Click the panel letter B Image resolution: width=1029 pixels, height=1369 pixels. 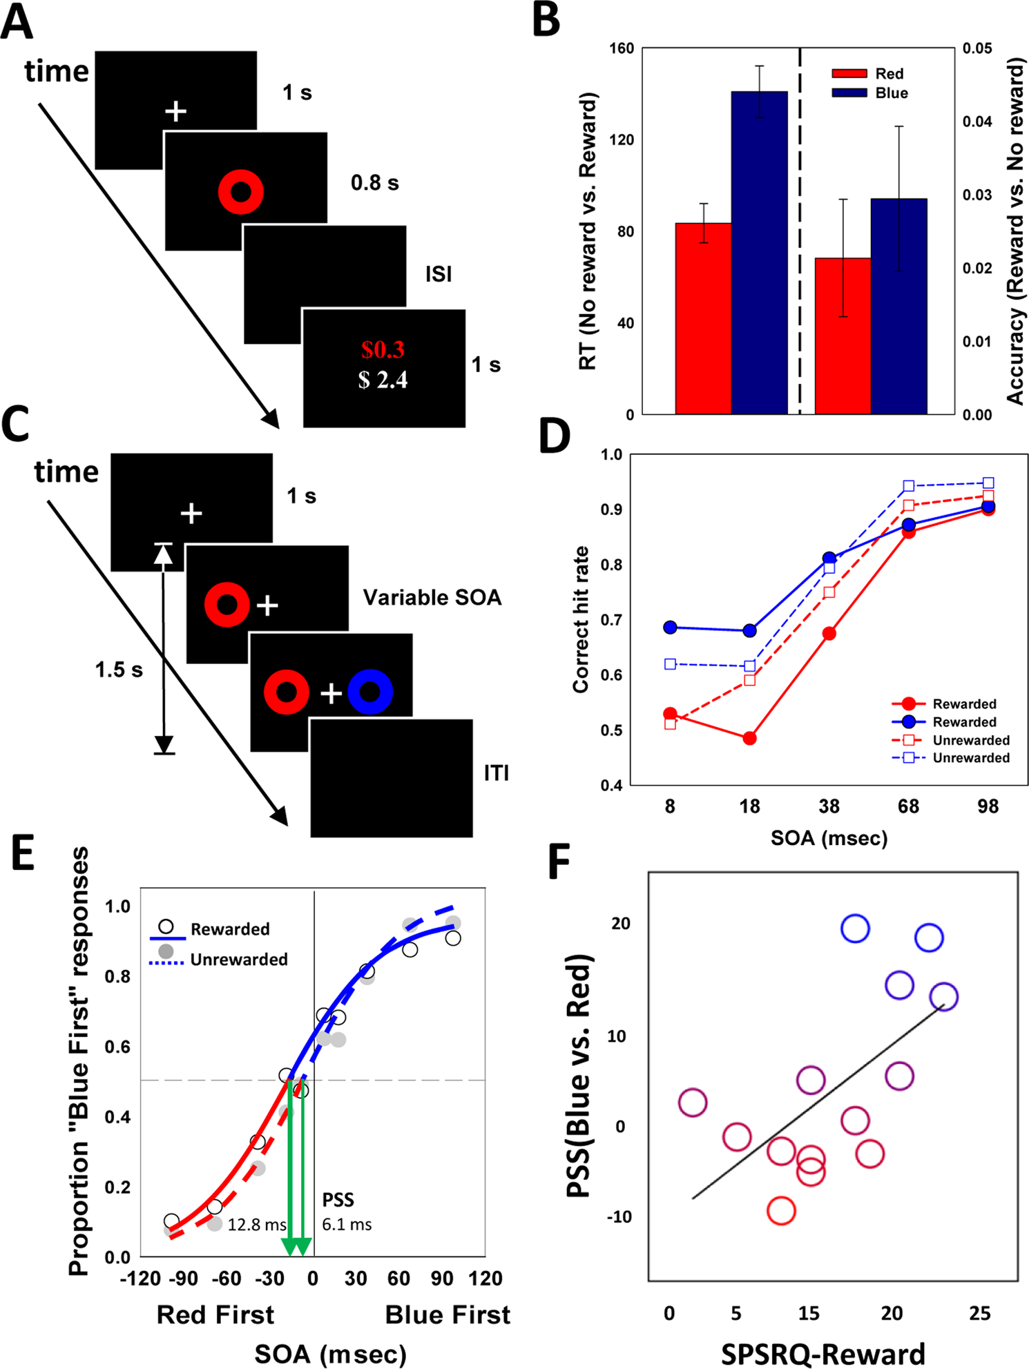(546, 21)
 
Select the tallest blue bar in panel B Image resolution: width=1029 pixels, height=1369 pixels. (759, 252)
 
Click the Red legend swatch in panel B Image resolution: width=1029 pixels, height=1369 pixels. (849, 73)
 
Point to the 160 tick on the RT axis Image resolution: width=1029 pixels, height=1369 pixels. (622, 48)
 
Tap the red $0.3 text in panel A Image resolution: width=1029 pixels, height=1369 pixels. (383, 350)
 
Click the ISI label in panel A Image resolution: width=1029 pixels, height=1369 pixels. (439, 274)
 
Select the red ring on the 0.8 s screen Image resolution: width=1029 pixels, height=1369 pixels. (240, 191)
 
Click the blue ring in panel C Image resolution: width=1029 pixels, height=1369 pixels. (370, 692)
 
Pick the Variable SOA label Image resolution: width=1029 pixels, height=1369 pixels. (432, 597)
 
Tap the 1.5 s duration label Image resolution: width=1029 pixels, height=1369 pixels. (119, 670)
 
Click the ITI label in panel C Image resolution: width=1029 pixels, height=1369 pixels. (496, 773)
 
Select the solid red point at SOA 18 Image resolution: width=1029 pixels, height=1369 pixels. (749, 738)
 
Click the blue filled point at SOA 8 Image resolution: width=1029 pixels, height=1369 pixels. (670, 628)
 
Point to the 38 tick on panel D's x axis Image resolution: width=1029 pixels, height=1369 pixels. (829, 806)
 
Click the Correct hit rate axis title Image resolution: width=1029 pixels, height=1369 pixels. (581, 619)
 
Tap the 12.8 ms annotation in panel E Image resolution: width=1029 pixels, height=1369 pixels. (257, 1225)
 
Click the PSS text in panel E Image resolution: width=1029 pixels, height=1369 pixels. (338, 1200)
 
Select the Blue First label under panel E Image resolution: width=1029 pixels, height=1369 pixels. (448, 1314)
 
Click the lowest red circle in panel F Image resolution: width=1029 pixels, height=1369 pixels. (781, 1210)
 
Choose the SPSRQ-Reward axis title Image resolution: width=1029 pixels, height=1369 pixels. (823, 1353)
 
